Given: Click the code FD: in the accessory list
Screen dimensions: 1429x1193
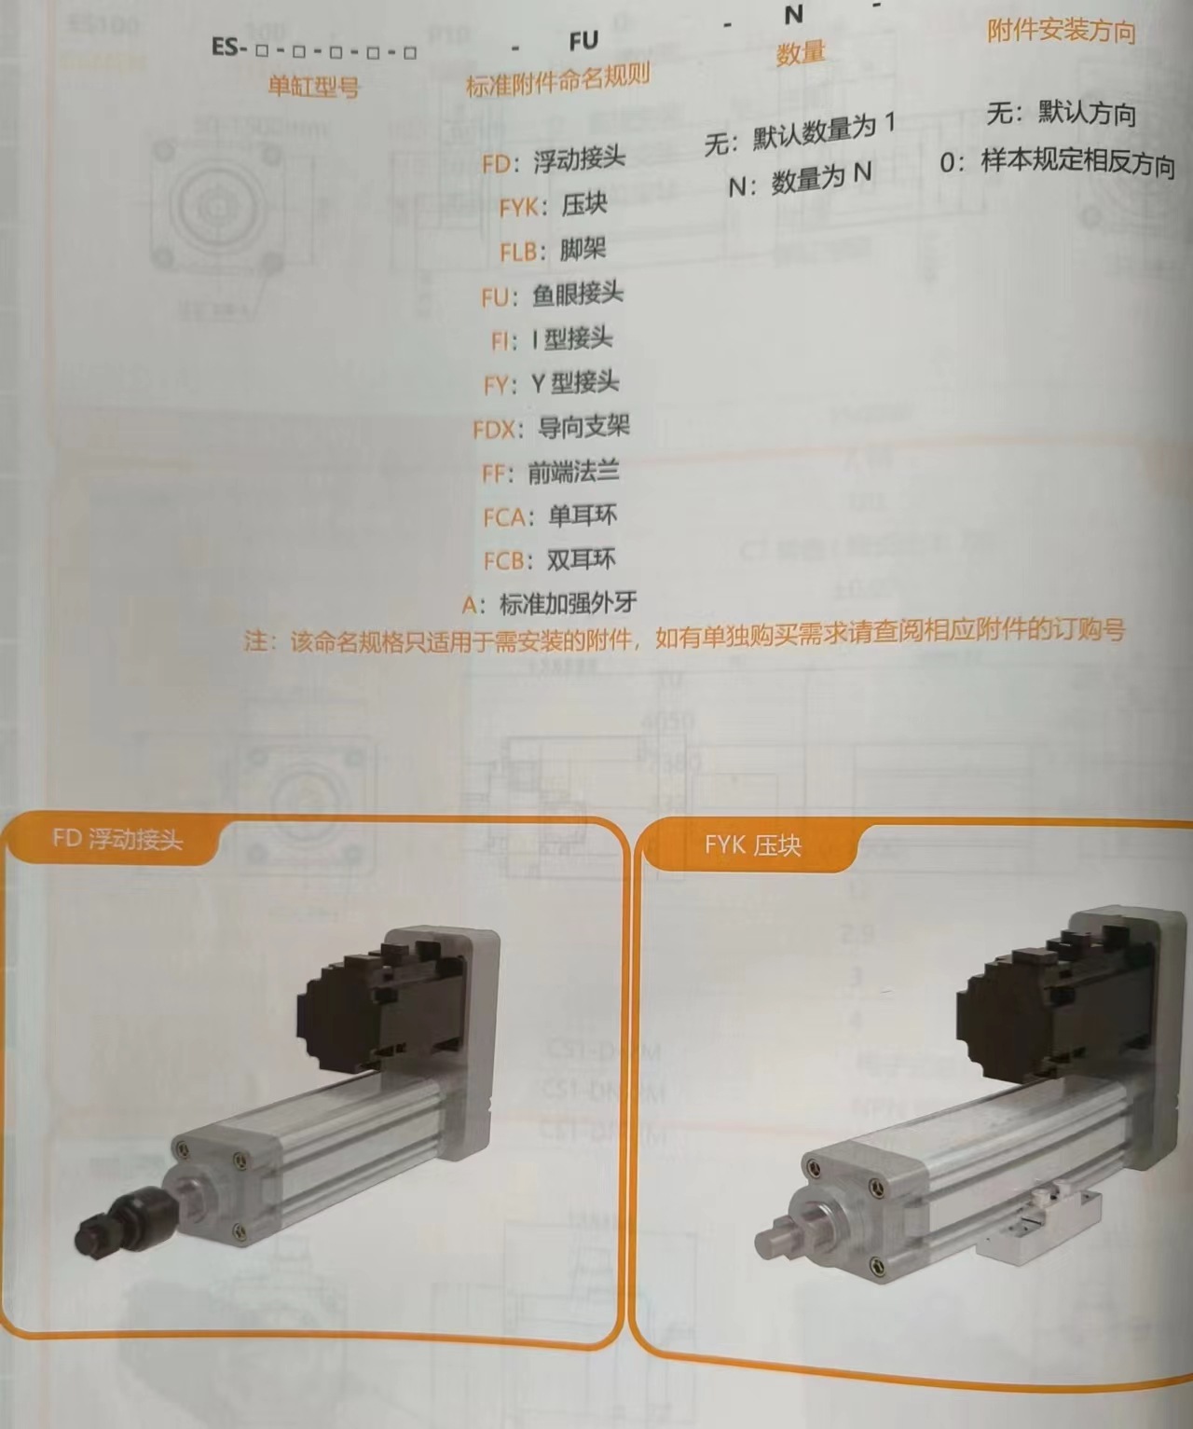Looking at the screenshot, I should coord(501,164).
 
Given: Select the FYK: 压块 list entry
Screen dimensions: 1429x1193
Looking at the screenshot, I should coord(553,205).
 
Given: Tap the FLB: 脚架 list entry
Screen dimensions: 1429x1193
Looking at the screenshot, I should coord(553,250).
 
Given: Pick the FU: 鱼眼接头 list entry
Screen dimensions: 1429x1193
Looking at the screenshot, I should coord(552,295).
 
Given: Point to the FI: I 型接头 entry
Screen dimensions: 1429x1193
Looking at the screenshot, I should coord(552,339).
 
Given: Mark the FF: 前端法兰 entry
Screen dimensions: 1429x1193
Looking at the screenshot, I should coord(551,473).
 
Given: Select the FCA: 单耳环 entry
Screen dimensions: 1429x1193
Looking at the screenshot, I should coord(550,516).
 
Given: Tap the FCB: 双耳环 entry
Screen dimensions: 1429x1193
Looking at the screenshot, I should coord(550,560).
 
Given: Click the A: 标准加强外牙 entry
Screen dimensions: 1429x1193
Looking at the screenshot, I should coord(550,604).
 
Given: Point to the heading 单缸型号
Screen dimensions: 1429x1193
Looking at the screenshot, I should coord(313,88).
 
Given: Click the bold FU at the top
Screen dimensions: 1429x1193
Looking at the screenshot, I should coord(583,42).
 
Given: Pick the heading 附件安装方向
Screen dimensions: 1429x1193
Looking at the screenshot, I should coord(1062,33).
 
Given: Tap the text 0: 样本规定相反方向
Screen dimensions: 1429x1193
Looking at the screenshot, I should coord(1057,163).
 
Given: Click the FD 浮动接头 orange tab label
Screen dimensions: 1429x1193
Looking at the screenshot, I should coord(117,840).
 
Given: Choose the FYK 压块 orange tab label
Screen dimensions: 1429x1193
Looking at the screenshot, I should coord(752,846).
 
